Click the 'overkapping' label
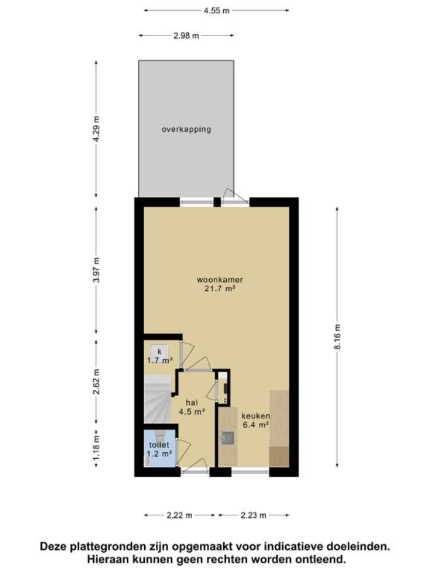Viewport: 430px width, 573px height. point(186,129)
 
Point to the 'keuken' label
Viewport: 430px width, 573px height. point(255,415)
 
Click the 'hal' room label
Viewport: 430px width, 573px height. point(191,402)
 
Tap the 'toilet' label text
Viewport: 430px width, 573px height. point(159,444)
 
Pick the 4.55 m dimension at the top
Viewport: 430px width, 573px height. point(217,10)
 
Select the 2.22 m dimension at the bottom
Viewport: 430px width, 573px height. point(180,515)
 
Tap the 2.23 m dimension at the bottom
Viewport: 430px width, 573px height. point(253,515)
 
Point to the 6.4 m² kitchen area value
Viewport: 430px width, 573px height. point(255,424)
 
